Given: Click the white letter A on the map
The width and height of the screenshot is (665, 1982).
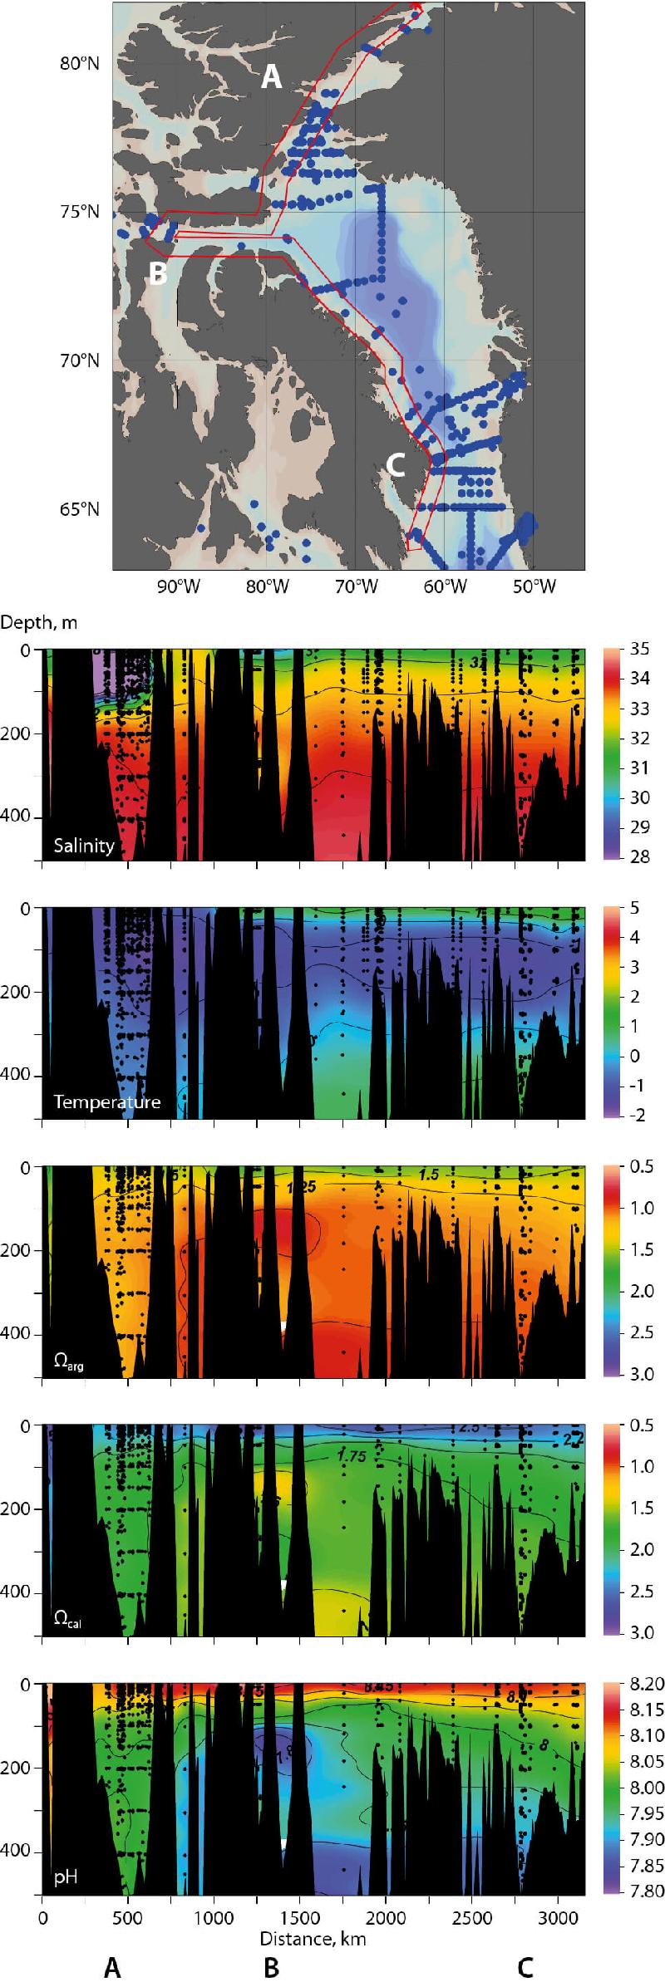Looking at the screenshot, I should (x=271, y=78).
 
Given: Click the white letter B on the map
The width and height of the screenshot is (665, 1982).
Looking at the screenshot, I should (x=157, y=272).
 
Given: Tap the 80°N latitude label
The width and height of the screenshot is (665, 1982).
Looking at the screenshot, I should (x=80, y=64).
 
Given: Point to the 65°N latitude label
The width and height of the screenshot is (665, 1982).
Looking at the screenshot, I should (x=80, y=508).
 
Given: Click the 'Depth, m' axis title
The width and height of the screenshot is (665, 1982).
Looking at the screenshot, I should (x=40, y=621).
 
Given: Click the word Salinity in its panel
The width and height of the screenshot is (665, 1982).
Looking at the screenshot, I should (x=83, y=846).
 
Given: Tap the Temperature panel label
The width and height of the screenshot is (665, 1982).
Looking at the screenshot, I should (x=106, y=1102).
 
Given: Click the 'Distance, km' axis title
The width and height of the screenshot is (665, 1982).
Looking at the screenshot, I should (x=313, y=1910).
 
